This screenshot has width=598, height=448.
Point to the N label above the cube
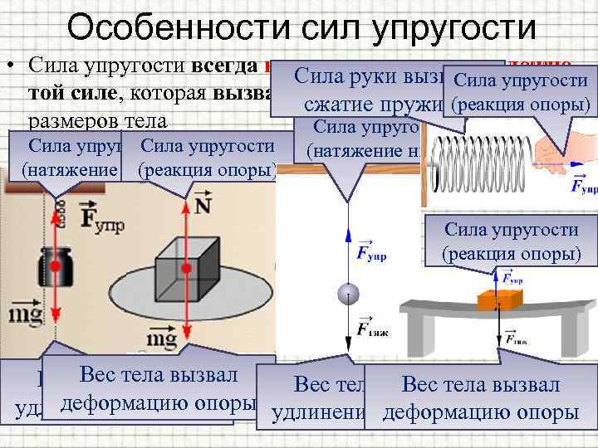pyautogui.click(x=202, y=205)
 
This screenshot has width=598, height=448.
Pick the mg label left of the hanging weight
pyautogui.click(x=22, y=315)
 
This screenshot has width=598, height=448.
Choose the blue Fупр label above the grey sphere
pyautogui.click(x=371, y=251)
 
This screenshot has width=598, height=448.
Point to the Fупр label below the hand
pyautogui.click(x=584, y=184)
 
